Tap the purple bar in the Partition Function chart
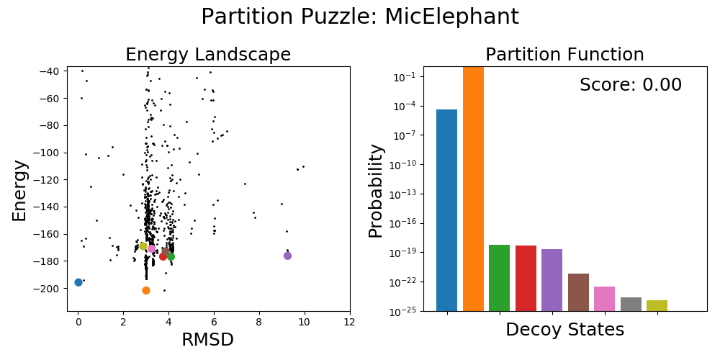coord(552,280)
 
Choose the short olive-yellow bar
coord(657,305)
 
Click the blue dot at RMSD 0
coord(78,282)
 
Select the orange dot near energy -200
coord(146,290)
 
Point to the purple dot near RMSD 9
coord(287,256)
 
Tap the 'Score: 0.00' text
coord(630,85)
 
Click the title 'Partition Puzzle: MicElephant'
coord(359,17)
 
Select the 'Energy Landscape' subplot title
coord(208,55)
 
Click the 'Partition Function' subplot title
coord(564,55)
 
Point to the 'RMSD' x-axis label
coord(208,340)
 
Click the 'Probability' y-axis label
coord(376,191)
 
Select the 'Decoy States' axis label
coord(564,330)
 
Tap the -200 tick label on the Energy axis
coord(49,289)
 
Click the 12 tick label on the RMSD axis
coord(350,321)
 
